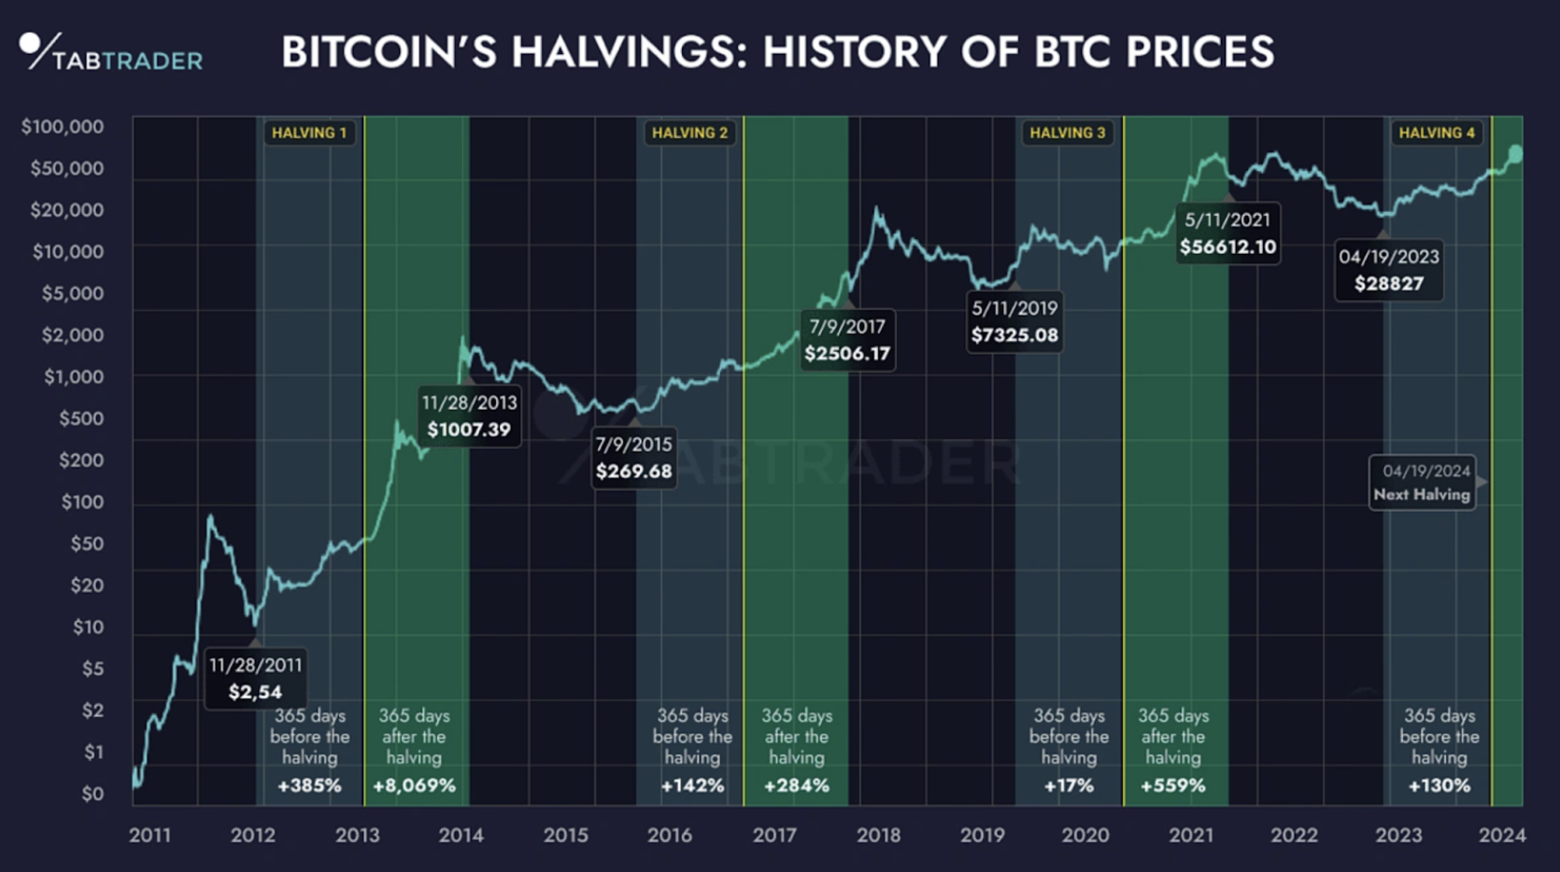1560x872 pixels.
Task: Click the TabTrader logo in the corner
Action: [110, 54]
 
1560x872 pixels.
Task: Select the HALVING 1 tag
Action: [309, 133]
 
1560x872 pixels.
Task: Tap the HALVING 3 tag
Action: [1067, 133]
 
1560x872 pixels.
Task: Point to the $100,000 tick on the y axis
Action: [63, 126]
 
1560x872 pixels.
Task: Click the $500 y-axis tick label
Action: [81, 418]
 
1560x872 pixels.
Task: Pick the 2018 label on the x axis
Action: [878, 835]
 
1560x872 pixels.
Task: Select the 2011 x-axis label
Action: [149, 835]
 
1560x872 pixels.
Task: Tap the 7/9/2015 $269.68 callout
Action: [633, 457]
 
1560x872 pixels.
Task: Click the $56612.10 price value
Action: [1227, 246]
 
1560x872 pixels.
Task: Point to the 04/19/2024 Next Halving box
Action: [1422, 483]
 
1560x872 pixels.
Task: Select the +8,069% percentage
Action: [414, 785]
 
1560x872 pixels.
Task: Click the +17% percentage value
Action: [1068, 785]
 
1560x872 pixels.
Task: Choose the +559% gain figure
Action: [1172, 785]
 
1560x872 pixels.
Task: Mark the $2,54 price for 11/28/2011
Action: [255, 692]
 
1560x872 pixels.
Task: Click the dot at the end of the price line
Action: [1515, 153]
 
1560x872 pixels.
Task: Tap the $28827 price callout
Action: [1389, 271]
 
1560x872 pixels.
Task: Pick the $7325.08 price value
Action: [1014, 335]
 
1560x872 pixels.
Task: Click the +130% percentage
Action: [1439, 785]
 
